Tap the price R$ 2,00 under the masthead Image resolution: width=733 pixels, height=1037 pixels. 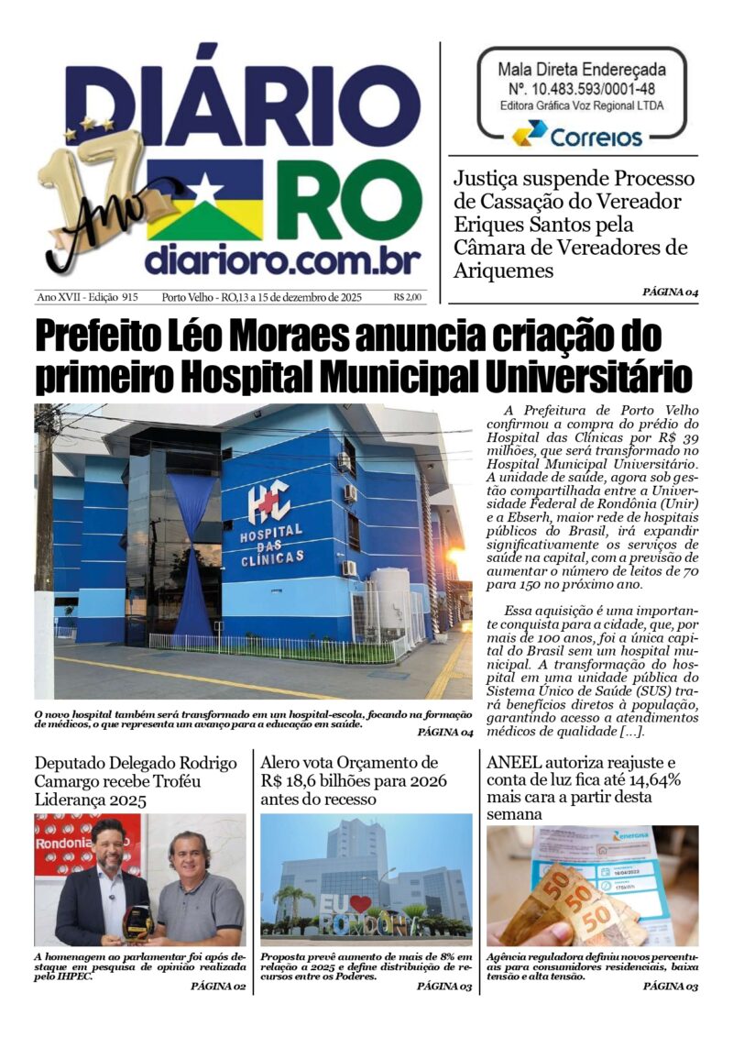(408, 297)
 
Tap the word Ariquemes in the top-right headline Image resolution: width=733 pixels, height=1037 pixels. (504, 270)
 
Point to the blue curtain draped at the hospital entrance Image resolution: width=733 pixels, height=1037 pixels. (192, 550)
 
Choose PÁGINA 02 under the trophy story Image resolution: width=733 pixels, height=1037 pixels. (218, 986)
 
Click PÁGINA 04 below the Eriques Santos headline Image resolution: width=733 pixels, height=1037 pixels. (670, 292)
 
